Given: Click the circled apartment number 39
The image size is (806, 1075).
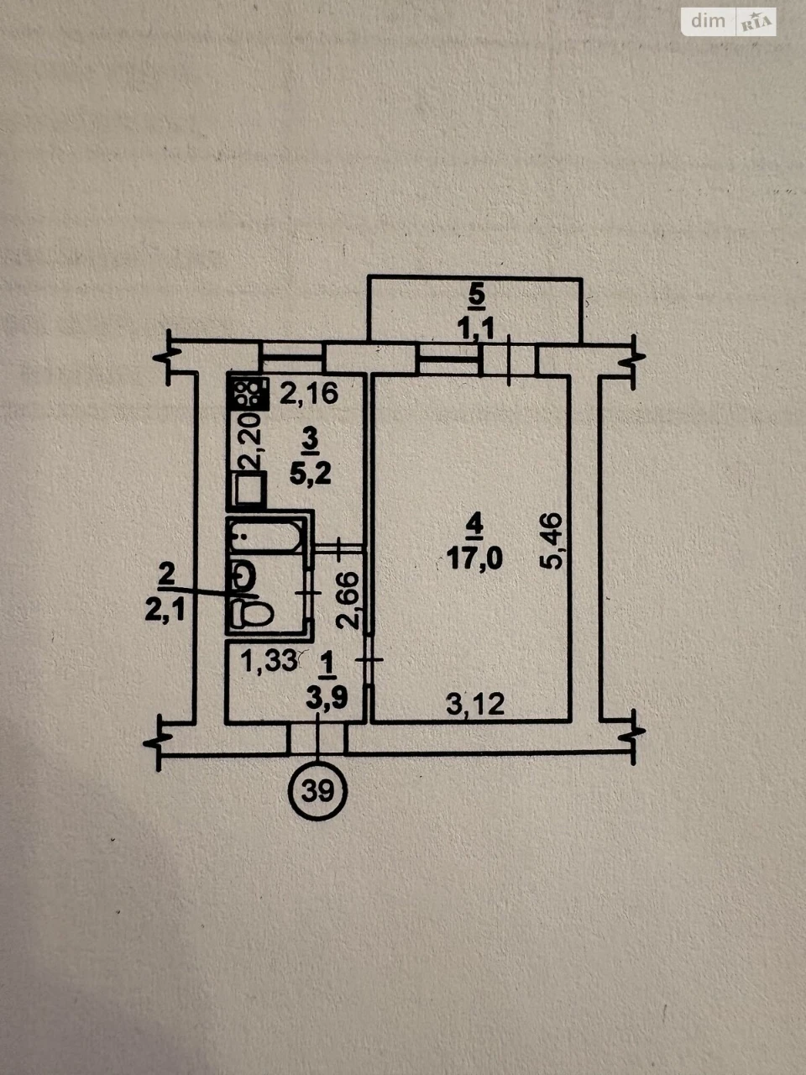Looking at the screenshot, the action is [318, 791].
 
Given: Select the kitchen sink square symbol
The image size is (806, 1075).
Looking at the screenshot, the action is [250, 488].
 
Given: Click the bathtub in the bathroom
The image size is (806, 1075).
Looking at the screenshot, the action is [267, 537].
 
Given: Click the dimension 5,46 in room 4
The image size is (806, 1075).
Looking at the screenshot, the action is [551, 541].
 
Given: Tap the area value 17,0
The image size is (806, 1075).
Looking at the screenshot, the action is [474, 558].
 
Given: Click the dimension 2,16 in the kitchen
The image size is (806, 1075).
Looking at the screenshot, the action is [309, 393].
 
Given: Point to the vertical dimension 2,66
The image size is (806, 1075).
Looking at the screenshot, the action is [348, 601].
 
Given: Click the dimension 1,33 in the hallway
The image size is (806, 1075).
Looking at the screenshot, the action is [270, 662].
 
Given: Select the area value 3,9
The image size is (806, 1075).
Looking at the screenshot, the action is [327, 699].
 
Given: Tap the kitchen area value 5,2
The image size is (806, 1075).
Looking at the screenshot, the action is [311, 474].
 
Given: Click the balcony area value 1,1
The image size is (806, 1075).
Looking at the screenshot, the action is [476, 328].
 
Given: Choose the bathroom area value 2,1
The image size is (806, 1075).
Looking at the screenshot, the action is [165, 611].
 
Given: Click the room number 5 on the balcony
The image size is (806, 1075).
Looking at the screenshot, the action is [477, 296].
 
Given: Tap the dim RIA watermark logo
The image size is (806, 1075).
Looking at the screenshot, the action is [729, 22].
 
